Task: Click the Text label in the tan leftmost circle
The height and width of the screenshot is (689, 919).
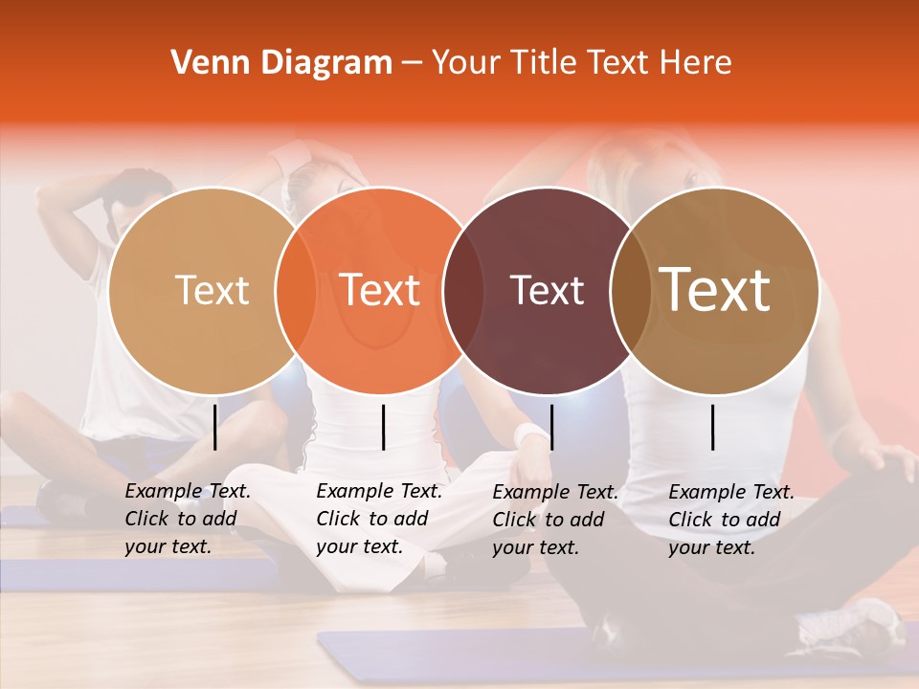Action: point(213,290)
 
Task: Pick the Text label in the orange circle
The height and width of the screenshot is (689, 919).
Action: point(380,290)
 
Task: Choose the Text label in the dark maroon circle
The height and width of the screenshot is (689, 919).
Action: point(547,290)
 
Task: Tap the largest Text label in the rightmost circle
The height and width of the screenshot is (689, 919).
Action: point(714,290)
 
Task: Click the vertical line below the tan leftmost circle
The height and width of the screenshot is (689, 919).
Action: point(214,427)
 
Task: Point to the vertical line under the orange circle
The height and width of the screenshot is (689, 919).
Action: point(383,427)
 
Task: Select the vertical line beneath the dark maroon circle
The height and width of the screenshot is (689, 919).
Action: point(551,427)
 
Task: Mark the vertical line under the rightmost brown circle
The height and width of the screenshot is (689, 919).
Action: point(713,427)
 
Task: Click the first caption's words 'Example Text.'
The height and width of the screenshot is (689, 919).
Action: point(188,492)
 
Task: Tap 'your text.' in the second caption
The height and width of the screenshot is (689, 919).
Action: point(359,547)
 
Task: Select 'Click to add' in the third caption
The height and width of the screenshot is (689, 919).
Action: point(549,520)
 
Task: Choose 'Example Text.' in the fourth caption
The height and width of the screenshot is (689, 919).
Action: point(731,492)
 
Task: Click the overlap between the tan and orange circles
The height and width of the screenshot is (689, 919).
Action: point(296,290)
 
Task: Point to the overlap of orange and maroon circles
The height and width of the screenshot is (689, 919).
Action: point(463,290)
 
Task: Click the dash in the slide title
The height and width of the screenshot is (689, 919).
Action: point(412,63)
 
